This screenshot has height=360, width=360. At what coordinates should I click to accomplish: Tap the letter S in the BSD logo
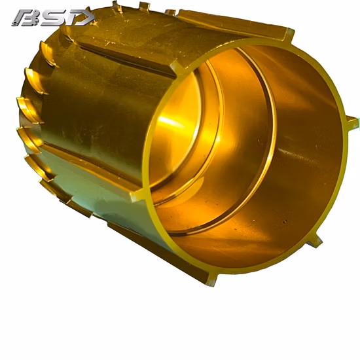(54, 18)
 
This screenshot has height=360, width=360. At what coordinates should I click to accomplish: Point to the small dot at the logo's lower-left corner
(14, 23)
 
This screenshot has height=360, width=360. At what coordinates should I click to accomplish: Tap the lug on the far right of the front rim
(351, 122)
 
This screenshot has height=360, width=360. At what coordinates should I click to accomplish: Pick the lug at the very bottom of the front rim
(211, 279)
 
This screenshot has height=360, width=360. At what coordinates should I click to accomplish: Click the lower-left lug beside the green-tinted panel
(137, 196)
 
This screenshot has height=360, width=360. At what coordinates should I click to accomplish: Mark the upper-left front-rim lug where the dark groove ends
(177, 68)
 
